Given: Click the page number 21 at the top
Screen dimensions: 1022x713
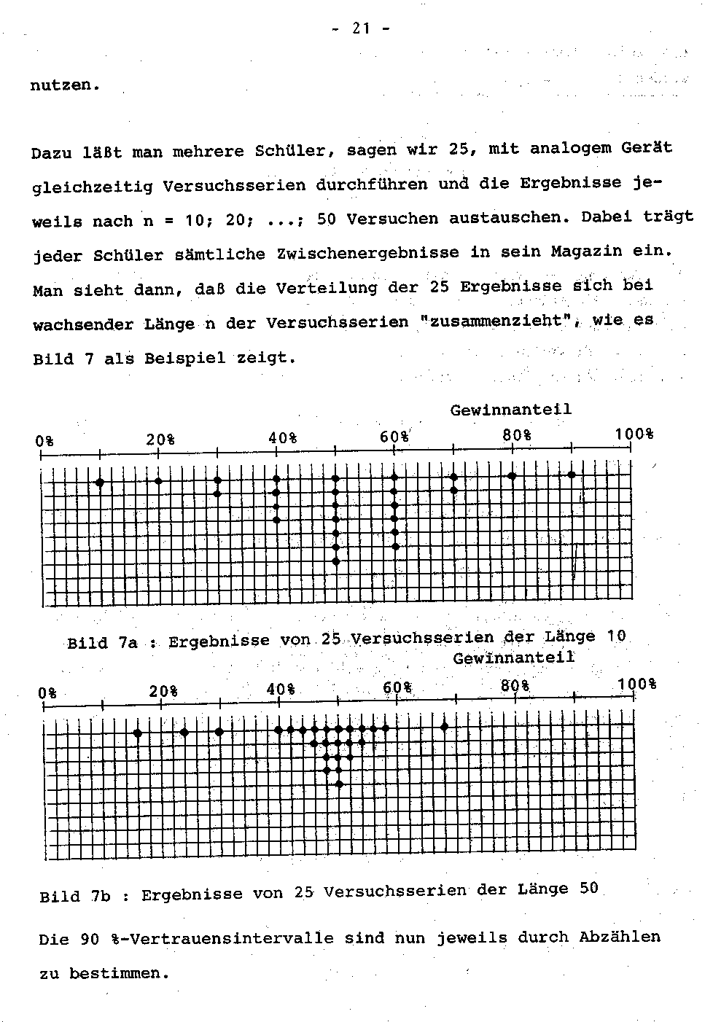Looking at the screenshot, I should pos(361,28).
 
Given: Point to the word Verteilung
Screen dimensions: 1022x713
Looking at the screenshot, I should pos(326,288).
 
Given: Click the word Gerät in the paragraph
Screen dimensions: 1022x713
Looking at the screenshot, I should pos(647,148).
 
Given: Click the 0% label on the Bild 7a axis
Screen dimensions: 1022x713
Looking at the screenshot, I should pos(44,441).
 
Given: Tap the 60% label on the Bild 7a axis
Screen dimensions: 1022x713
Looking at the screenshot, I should pos(394,437).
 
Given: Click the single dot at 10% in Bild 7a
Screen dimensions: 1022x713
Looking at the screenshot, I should pos(100,482).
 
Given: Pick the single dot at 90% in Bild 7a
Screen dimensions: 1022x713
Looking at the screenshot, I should pos(572,475).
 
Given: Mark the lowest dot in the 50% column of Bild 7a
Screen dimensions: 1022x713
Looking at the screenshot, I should pos(335,561).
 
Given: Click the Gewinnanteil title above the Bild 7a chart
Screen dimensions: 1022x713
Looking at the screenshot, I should pos(510,410).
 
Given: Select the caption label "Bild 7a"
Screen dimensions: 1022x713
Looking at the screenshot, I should pos(102,643).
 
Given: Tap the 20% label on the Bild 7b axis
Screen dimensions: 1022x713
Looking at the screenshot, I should pos(163,690).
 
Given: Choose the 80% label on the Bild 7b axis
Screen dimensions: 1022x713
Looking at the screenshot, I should pos(515,686).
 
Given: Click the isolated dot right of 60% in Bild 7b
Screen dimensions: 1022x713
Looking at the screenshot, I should pos(444,727).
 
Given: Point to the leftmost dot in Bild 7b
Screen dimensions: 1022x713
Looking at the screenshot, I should pos(137,733).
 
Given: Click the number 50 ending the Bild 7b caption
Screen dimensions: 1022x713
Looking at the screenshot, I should pos(589,888).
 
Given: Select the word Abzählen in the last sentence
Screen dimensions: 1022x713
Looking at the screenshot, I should pos(620,937).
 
